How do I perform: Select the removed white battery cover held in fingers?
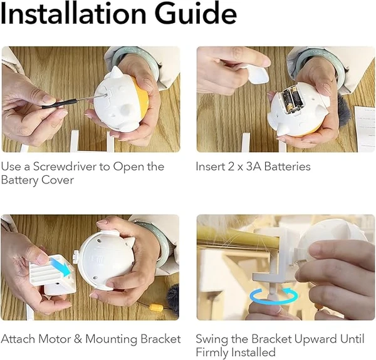pos(257,75)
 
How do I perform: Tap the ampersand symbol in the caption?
pos(79,339)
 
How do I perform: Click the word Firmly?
pos(212,352)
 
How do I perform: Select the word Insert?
pos(210,167)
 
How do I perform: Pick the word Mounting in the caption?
pos(110,339)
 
